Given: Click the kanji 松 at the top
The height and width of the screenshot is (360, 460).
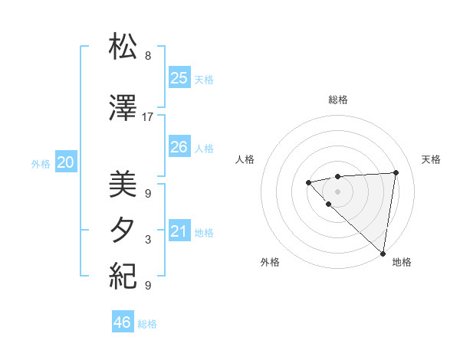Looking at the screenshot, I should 123,47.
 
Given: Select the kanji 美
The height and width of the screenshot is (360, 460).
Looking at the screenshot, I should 123,185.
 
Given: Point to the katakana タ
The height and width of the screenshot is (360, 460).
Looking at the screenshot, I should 123,231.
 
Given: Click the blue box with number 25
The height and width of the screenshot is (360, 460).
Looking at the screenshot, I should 179,77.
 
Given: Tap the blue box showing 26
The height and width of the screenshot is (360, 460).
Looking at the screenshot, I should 179,147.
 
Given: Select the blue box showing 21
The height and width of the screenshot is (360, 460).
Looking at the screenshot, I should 179,231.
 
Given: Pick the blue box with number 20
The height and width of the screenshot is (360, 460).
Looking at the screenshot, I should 66,162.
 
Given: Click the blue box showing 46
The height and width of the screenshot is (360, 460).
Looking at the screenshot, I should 123,322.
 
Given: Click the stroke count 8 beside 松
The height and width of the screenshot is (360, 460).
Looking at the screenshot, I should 148,56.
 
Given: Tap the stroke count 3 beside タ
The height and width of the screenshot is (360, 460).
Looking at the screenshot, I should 148,240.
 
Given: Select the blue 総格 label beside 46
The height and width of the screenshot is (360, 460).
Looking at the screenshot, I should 147,324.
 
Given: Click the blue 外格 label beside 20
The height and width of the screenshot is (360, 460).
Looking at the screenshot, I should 41,164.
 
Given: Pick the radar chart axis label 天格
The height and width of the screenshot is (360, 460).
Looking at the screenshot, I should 431,159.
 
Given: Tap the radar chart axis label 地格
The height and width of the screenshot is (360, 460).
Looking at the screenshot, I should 402,262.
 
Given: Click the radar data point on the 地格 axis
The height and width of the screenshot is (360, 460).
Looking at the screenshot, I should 382,253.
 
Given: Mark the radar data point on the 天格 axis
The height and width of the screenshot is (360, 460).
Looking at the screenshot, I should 396,172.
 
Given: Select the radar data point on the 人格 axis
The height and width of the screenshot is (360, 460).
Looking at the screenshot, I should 308,182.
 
